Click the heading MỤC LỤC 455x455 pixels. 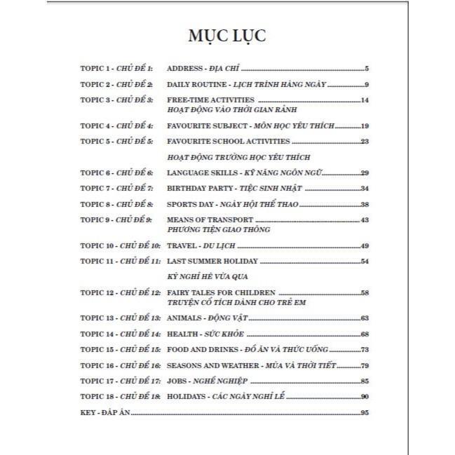tap(227, 36)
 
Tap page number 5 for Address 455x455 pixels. tap(367, 69)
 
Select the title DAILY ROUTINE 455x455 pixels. tap(191, 84)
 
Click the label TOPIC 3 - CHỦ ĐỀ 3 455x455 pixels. tap(116, 100)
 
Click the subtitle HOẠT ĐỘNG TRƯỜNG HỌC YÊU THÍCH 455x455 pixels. tap(238, 156)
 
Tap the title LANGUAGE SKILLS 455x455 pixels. tap(196, 172)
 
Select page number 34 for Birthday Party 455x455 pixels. tap(364, 189)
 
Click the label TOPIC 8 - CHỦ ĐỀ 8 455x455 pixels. tap(116, 204)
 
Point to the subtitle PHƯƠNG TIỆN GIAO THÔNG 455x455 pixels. tap(219, 229)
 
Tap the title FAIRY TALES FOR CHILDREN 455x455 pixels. tap(221, 291)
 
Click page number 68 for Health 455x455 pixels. tap(364, 334)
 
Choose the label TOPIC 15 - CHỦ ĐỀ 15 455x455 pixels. tap(120, 349)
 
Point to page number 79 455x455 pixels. tap(364, 365)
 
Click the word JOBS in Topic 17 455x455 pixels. tap(177, 381)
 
